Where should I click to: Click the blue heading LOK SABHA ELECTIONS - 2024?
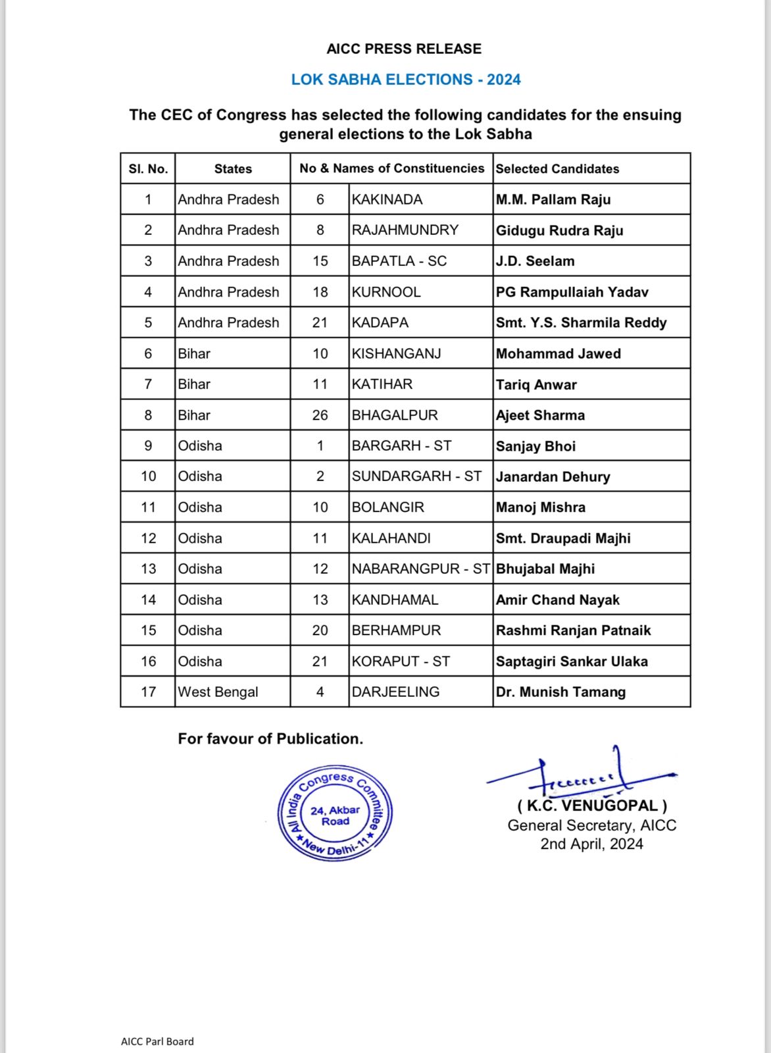[x=406, y=80]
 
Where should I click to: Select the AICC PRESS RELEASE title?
[x=404, y=49]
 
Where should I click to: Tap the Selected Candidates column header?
[x=557, y=168]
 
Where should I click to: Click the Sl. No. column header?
[x=148, y=168]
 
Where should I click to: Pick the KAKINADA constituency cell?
[x=387, y=199]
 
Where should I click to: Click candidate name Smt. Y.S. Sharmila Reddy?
[x=581, y=322]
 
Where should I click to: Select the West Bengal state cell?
[x=218, y=692]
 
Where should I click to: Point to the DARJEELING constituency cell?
[x=395, y=692]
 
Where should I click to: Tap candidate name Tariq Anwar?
[x=536, y=384]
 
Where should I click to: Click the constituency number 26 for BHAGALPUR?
[x=320, y=415]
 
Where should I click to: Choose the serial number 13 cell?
[x=148, y=569]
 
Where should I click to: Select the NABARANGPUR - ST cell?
[x=420, y=569]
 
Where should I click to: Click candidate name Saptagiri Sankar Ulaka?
[x=572, y=661]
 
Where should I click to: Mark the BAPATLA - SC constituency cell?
[x=399, y=261]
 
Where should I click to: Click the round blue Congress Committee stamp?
[x=336, y=814]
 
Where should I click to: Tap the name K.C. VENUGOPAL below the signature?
[x=592, y=806]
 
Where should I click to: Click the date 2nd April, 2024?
[x=591, y=844]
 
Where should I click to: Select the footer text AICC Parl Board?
[x=157, y=1041]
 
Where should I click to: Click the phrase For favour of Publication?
[x=270, y=738]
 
